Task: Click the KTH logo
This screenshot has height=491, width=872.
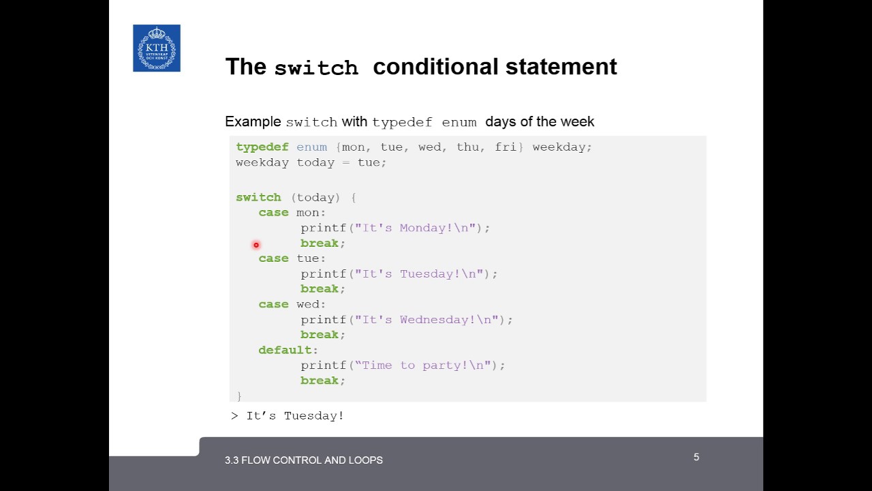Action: pyautogui.click(x=157, y=48)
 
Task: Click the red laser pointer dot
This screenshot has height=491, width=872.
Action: pyautogui.click(x=256, y=245)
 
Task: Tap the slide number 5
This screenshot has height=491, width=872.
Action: pyautogui.click(x=696, y=457)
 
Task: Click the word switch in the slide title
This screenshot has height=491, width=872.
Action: pyautogui.click(x=315, y=68)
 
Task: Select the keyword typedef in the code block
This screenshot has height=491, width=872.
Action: pyautogui.click(x=262, y=147)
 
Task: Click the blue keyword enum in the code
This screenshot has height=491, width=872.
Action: pyautogui.click(x=311, y=147)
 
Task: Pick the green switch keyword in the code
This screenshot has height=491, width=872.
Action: pyautogui.click(x=258, y=198)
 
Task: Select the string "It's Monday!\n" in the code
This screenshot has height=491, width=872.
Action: pyautogui.click(x=415, y=228)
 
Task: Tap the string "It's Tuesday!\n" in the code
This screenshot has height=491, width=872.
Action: pyautogui.click(x=419, y=274)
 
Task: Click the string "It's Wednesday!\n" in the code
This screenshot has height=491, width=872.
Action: pyautogui.click(x=426, y=320)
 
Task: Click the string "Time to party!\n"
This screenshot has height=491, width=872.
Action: pyautogui.click(x=422, y=366)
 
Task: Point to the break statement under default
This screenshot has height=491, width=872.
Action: pyautogui.click(x=320, y=381)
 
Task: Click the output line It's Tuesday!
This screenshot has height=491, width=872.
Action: pyautogui.click(x=294, y=415)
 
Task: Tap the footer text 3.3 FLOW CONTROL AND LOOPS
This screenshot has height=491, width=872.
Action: pyautogui.click(x=304, y=460)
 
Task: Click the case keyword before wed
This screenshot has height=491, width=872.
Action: pyautogui.click(x=273, y=304)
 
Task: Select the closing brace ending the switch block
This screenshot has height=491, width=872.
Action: pyautogui.click(x=239, y=396)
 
